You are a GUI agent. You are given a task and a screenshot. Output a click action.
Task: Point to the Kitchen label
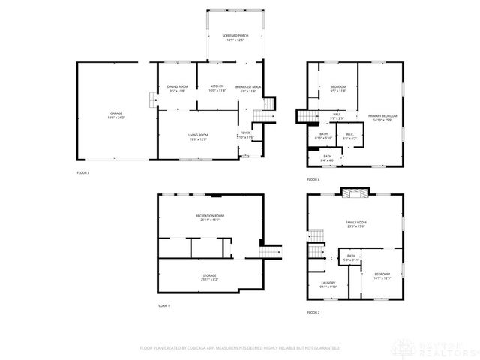pos(217,88)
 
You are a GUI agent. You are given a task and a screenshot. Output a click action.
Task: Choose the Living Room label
pos(198,137)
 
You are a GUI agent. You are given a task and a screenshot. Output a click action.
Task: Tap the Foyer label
pos(246,136)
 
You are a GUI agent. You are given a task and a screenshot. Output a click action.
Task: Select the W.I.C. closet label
pos(349,137)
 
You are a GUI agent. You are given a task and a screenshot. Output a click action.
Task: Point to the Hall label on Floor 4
pos(337,116)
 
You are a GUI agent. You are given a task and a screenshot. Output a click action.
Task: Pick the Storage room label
pos(209,277)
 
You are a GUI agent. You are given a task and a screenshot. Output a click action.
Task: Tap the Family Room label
pos(356,224)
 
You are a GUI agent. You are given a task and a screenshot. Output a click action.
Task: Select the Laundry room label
pos(328,284)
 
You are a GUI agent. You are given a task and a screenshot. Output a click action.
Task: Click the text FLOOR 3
pos(82,173)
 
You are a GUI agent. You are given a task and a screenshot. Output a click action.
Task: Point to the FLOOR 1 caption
pos(163,306)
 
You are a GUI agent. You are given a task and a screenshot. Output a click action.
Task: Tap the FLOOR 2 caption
pos(313,312)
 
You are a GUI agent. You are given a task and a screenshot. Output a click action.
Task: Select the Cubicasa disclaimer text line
pos(240,348)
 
